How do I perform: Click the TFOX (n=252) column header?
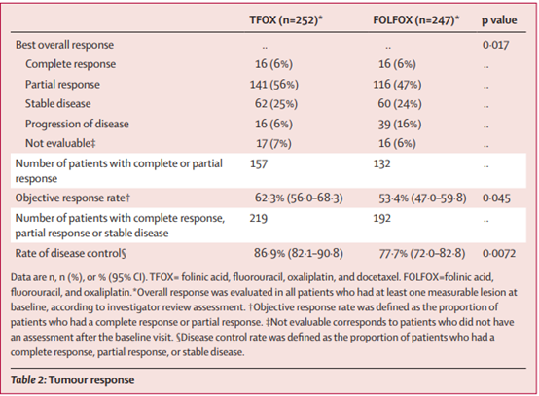tap(286, 20)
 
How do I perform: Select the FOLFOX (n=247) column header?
tap(416, 20)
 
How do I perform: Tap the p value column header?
tap(499, 20)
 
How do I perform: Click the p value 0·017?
tap(495, 45)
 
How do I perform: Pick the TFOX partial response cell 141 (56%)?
tap(274, 85)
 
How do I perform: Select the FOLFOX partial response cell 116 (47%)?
tap(397, 85)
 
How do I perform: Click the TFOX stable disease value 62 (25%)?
tap(276, 104)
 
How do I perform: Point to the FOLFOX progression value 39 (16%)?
tap(400, 124)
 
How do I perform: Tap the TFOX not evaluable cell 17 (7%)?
tap(273, 143)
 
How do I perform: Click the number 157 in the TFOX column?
tap(259, 163)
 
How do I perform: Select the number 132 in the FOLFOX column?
tap(382, 163)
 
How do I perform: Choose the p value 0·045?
tap(496, 198)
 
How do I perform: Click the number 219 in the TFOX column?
tap(259, 218)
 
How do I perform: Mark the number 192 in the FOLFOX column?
tap(382, 218)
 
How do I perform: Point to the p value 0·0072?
tap(499, 253)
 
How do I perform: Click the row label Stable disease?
tap(58, 103)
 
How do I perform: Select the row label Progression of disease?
tap(77, 124)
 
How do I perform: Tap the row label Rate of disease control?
tap(71, 253)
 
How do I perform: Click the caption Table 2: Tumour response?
tap(73, 379)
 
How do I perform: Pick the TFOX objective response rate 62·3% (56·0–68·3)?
tap(299, 198)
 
